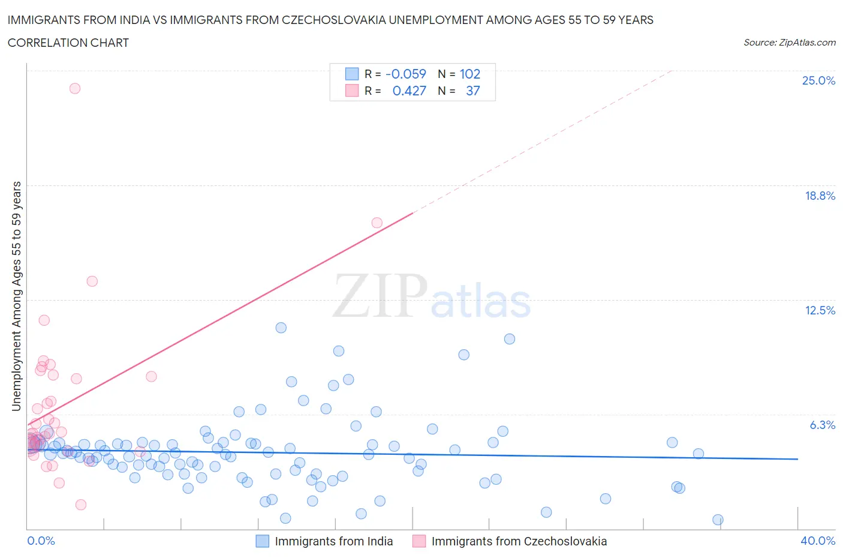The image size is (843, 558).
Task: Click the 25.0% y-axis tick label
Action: pyautogui.click(x=818, y=80)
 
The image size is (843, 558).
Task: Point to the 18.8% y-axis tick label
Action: pyautogui.click(x=820, y=196)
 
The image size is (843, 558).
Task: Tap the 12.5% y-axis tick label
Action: pyautogui.click(x=820, y=310)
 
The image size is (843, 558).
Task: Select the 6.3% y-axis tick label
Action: pyautogui.click(x=822, y=425)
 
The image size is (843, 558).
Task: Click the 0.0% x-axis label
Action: pyautogui.click(x=41, y=541)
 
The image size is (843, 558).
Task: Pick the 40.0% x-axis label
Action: pyautogui.click(x=818, y=541)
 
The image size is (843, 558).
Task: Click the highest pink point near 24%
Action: pyautogui.click(x=75, y=88)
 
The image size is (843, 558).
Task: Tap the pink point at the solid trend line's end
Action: pyautogui.click(x=377, y=223)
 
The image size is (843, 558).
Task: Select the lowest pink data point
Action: pyautogui.click(x=81, y=505)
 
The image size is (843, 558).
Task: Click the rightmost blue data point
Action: pyautogui.click(x=718, y=520)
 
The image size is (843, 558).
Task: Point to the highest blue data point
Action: pyautogui.click(x=281, y=328)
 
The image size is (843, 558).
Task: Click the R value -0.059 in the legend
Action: pyautogui.click(x=405, y=74)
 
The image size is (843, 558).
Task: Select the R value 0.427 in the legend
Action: pyautogui.click(x=409, y=91)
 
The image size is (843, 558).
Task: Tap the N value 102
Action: pyautogui.click(x=470, y=74)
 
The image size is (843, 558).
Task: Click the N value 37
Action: pyautogui.click(x=473, y=91)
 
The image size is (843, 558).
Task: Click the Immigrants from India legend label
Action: pyautogui.click(x=333, y=541)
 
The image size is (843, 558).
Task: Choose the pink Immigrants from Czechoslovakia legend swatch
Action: pyautogui.click(x=419, y=541)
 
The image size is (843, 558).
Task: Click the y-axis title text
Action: pyautogui.click(x=17, y=296)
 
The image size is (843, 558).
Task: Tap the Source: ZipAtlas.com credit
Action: pyautogui.click(x=789, y=43)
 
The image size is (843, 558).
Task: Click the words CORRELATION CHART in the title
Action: pyautogui.click(x=68, y=43)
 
